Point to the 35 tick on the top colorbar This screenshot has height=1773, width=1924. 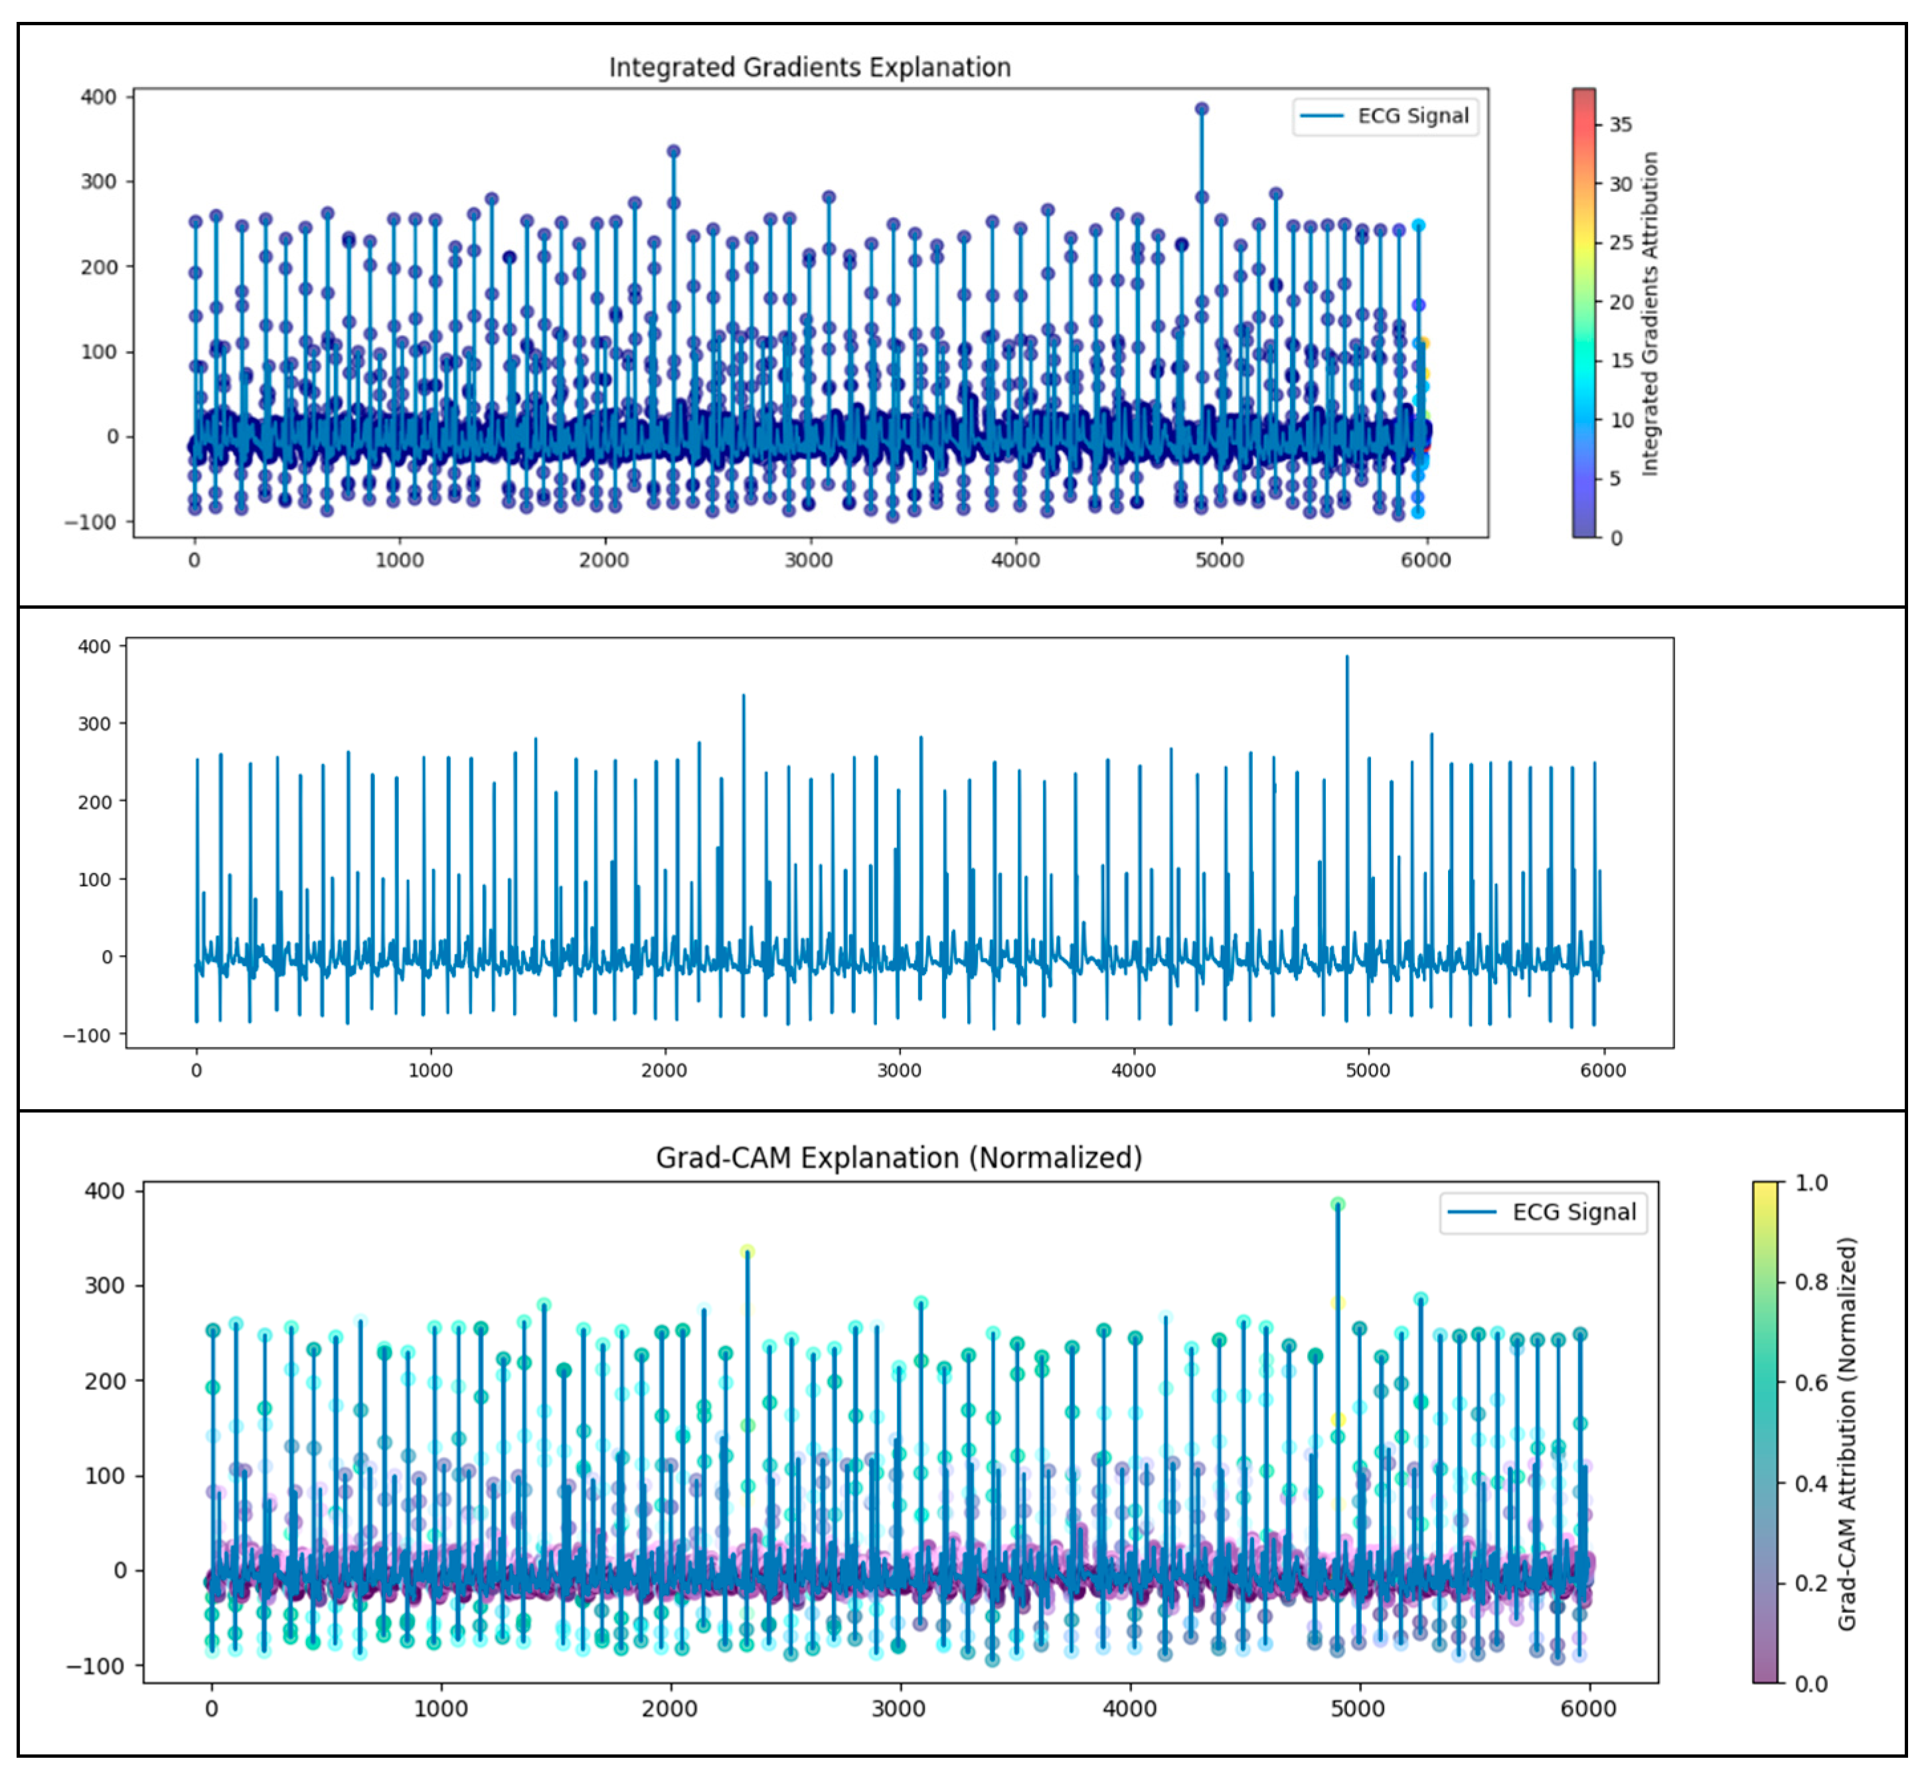pyautogui.click(x=1620, y=125)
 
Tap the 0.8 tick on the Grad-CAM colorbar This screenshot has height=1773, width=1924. pyautogui.click(x=1810, y=1282)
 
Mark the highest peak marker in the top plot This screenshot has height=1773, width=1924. pyautogui.click(x=1202, y=108)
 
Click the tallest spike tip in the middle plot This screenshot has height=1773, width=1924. pyautogui.click(x=1346, y=657)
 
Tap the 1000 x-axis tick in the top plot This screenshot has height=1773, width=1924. pyautogui.click(x=399, y=560)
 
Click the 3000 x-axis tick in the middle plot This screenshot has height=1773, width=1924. pyautogui.click(x=899, y=1070)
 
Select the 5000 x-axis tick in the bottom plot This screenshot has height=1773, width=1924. pyautogui.click(x=1358, y=1709)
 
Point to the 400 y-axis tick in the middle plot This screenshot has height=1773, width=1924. pyautogui.click(x=94, y=647)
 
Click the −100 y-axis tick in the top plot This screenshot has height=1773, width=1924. pyautogui.click(x=90, y=522)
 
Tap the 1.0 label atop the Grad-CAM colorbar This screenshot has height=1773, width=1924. pyautogui.click(x=1810, y=1183)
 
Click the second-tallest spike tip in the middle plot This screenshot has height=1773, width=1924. pyautogui.click(x=744, y=696)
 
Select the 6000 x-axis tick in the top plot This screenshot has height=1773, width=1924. pyautogui.click(x=1425, y=560)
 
